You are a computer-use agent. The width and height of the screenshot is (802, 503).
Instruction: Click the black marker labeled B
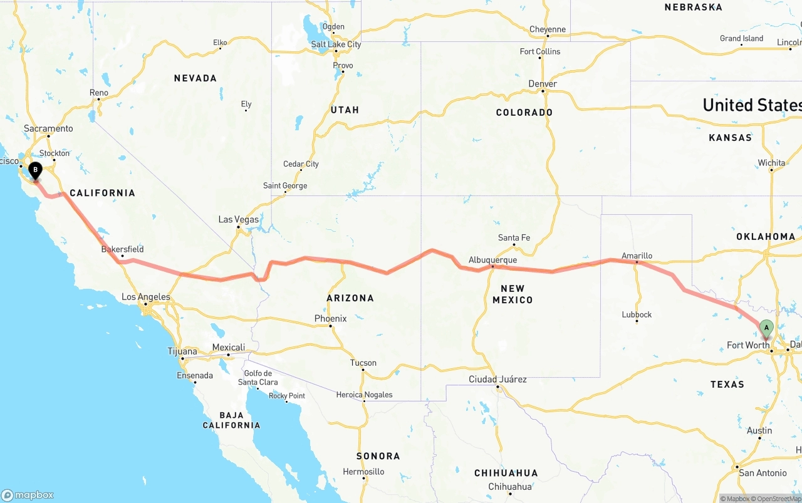(36, 169)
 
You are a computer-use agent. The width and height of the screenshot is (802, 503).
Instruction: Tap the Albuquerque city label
(492, 260)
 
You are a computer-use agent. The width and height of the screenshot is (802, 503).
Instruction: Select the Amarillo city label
(637, 256)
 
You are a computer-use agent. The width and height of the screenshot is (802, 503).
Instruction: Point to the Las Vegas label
(238, 220)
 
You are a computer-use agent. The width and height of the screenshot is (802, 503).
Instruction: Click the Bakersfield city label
(122, 249)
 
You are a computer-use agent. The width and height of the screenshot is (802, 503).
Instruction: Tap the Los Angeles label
(145, 297)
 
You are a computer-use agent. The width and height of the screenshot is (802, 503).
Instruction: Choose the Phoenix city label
(330, 318)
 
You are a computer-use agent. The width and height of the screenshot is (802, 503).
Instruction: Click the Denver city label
(542, 84)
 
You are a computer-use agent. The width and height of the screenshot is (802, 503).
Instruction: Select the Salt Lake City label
(336, 44)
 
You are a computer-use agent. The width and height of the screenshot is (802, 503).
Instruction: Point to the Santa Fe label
(514, 237)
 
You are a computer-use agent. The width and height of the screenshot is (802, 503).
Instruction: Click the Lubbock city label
(637, 314)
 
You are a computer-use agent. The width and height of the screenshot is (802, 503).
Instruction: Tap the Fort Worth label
(747, 345)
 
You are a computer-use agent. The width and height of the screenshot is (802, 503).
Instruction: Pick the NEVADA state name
(195, 78)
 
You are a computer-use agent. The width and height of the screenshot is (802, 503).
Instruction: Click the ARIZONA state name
(350, 298)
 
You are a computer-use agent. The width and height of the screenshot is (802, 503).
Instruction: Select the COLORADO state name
(524, 113)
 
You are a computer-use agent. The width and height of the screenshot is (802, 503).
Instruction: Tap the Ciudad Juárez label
(497, 379)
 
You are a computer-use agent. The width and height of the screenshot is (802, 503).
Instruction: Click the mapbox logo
(28, 495)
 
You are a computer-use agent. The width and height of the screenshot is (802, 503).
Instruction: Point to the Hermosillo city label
(363, 472)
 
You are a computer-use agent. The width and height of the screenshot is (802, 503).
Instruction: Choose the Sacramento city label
(48, 128)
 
